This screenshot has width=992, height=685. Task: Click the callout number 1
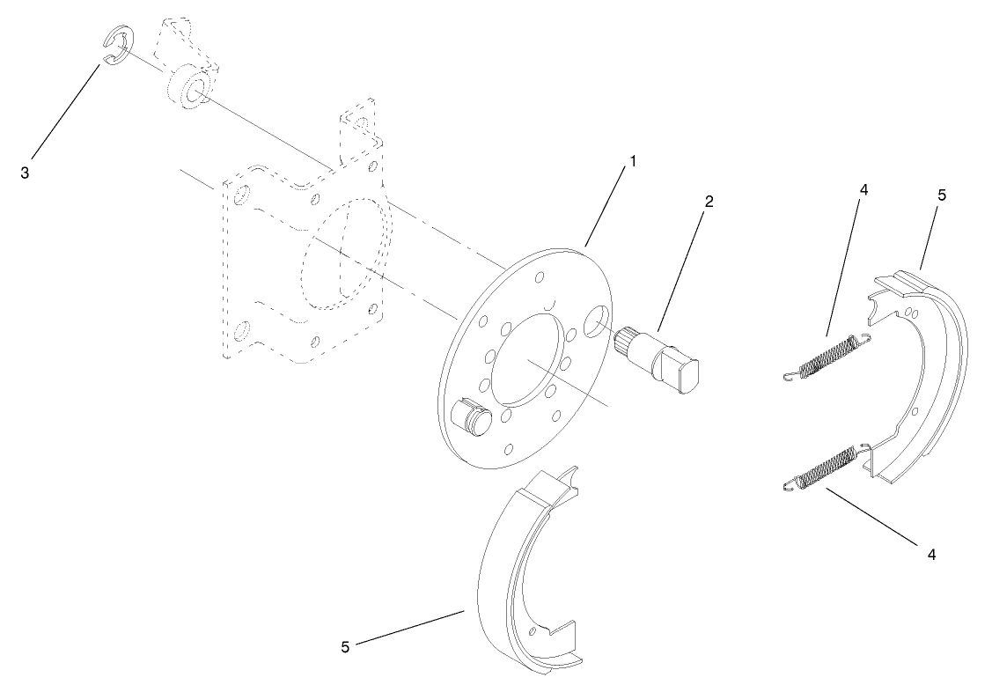point(632,163)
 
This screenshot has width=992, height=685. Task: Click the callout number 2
point(709,201)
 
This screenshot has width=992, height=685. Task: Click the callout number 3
point(25,173)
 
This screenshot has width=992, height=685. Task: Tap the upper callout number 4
point(863,189)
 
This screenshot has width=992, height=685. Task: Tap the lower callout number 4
point(930,555)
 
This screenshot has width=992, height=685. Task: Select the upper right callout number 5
point(941,195)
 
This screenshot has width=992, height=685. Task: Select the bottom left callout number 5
point(345,647)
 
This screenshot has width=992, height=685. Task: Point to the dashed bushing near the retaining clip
point(187,87)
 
